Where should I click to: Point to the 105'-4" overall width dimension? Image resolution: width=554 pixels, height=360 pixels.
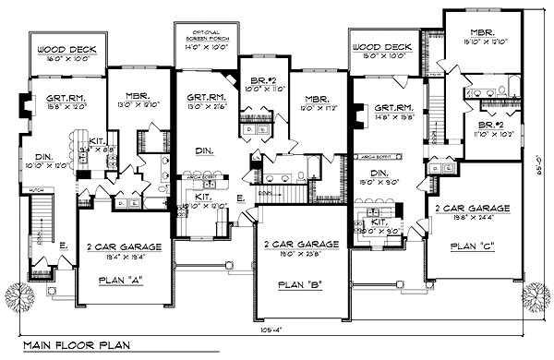pos(274,329)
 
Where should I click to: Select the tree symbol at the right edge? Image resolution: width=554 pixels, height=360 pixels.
pos(536,296)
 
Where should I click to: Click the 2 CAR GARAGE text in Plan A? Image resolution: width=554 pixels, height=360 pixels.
pos(122,246)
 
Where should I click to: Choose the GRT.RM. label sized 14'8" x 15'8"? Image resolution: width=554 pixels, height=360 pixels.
pos(392,108)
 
